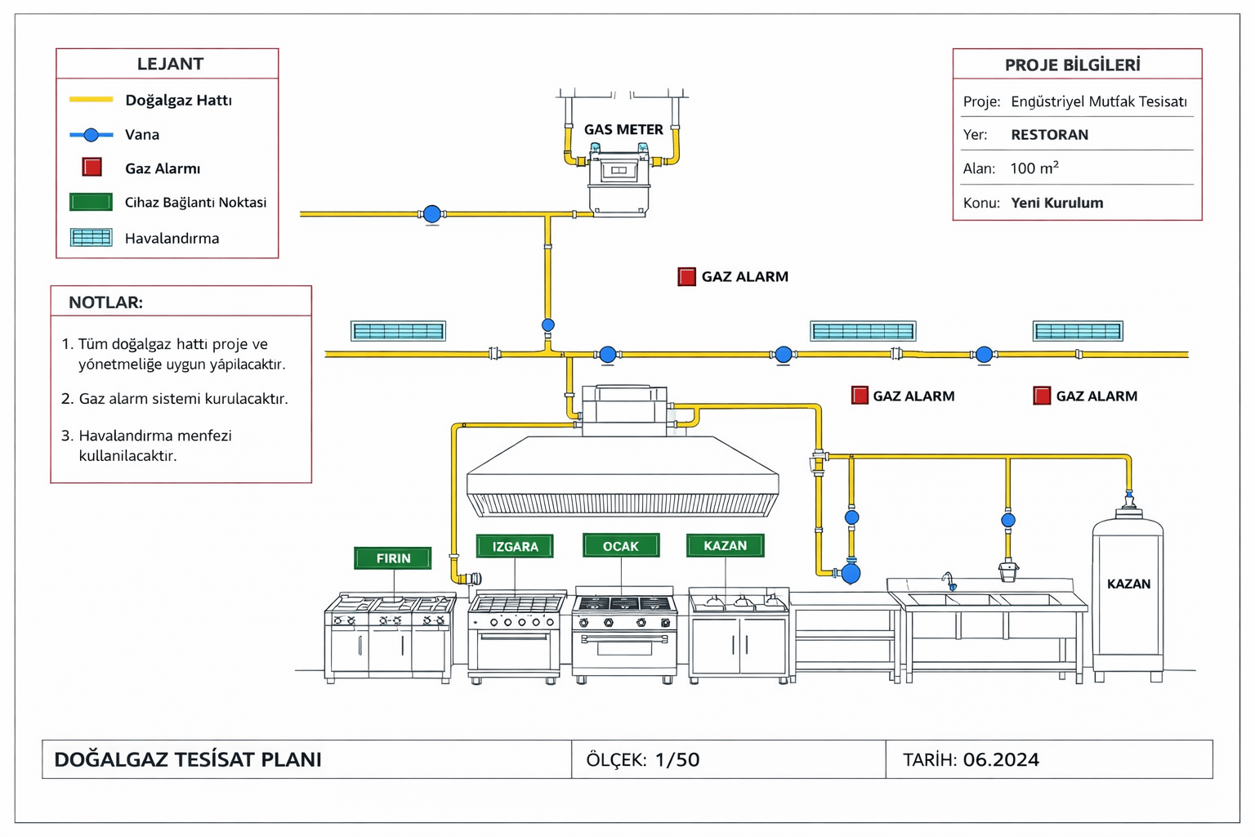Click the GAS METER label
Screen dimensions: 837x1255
(x=623, y=129)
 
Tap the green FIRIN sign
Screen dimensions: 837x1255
(x=393, y=558)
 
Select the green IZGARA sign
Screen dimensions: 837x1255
(x=515, y=546)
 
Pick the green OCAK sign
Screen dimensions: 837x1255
(x=621, y=545)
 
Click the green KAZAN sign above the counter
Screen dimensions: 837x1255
(x=726, y=545)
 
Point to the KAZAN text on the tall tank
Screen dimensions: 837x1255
(x=1128, y=584)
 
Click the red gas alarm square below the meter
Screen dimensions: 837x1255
(x=687, y=276)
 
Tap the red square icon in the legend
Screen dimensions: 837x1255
(x=92, y=168)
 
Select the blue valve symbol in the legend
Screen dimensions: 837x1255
(x=92, y=135)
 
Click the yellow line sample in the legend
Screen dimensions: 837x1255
(x=92, y=100)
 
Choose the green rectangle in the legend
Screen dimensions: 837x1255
(x=92, y=202)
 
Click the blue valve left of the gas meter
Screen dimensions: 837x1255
(x=432, y=214)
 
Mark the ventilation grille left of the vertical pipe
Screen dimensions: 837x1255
(x=398, y=331)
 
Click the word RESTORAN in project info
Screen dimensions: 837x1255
(x=1049, y=135)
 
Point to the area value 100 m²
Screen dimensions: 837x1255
(x=1034, y=168)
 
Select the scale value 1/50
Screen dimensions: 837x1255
(x=677, y=759)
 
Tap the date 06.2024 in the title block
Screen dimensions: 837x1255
(x=1001, y=759)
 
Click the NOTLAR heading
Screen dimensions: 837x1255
(x=105, y=302)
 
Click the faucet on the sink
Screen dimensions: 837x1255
(x=949, y=581)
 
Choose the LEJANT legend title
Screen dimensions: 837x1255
(x=170, y=64)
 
